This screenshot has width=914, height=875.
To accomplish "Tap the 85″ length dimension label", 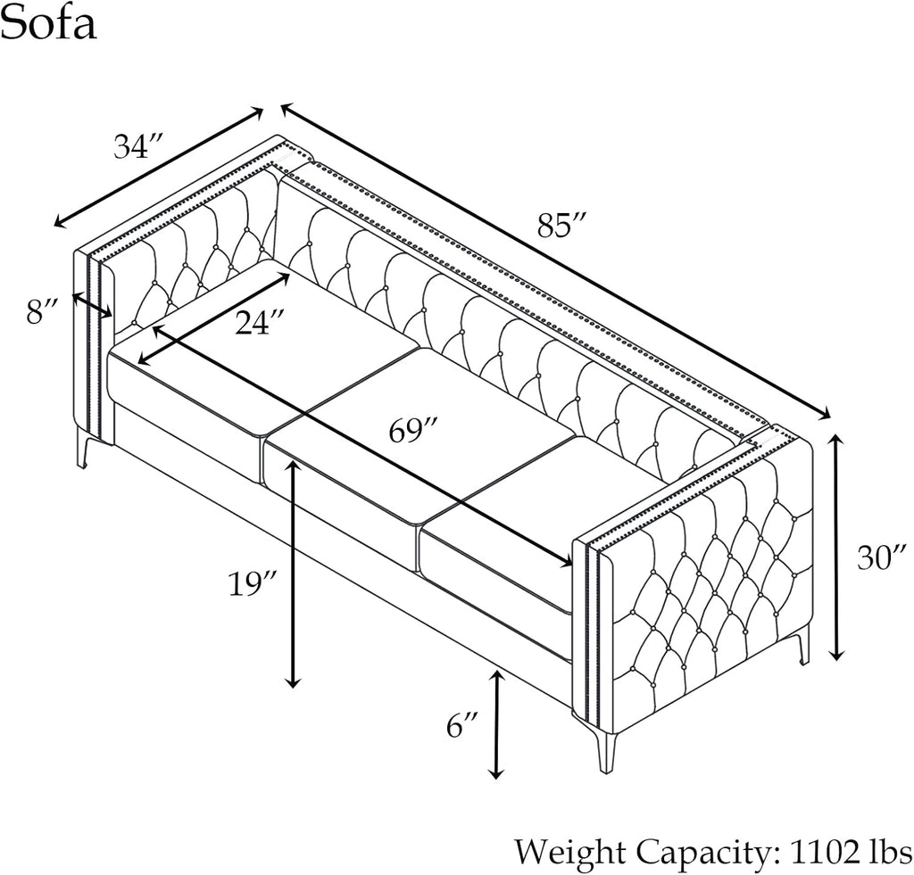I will [561, 227].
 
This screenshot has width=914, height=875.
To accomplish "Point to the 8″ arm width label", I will [41, 312].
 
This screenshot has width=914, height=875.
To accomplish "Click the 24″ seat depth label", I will [261, 321].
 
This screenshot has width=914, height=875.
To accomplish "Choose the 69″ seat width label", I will [413, 431].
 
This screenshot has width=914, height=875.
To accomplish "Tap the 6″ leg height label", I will [463, 727].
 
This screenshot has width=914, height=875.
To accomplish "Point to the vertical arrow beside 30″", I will [836, 547].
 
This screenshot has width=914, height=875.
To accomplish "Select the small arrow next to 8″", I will [92, 304].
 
